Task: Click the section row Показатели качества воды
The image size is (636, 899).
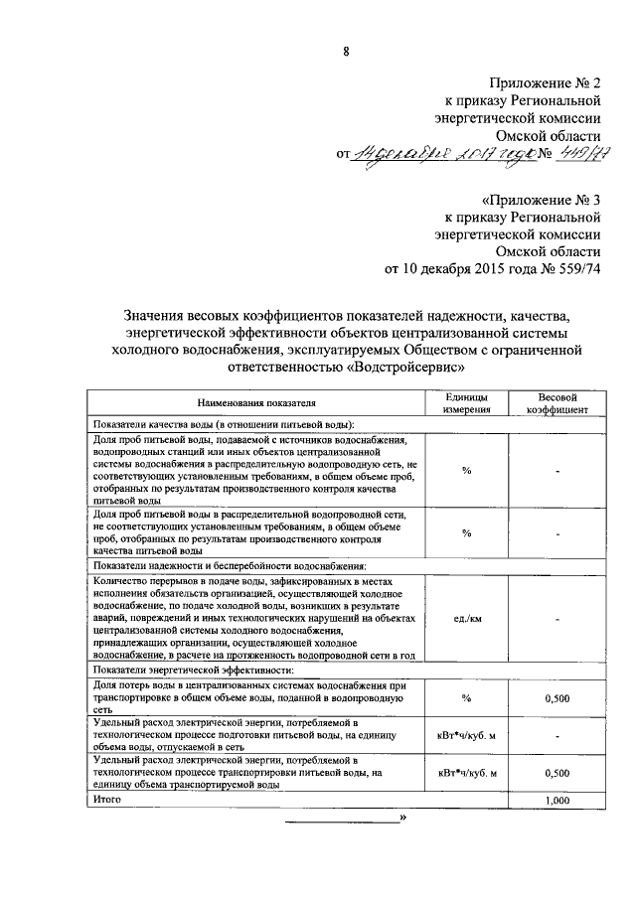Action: pyautogui.click(x=225, y=424)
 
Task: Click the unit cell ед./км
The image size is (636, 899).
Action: pyautogui.click(x=466, y=619)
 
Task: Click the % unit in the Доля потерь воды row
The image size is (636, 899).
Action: pyautogui.click(x=466, y=698)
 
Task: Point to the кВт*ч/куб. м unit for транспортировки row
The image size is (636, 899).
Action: pyautogui.click(x=466, y=772)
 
